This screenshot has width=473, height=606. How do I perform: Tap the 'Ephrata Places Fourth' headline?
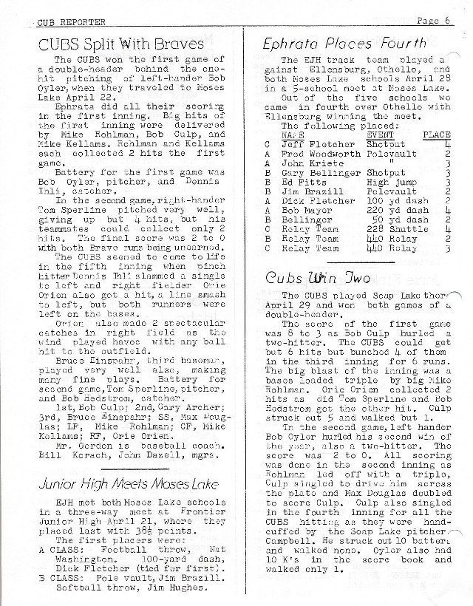(344, 44)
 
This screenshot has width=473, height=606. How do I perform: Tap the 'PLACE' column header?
(435, 136)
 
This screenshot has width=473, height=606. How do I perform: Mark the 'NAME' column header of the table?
(293, 136)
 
